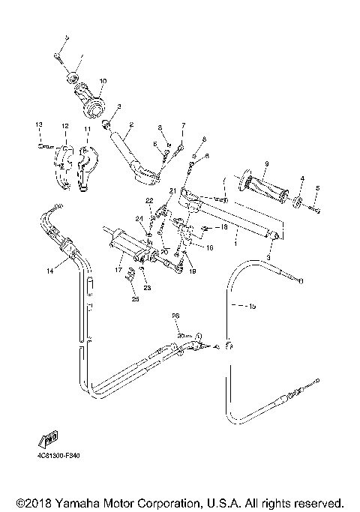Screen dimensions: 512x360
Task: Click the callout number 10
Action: [103, 81]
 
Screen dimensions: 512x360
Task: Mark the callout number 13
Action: [39, 123]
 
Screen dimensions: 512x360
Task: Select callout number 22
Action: [148, 201]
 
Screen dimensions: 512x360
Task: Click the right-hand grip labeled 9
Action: [262, 190]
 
